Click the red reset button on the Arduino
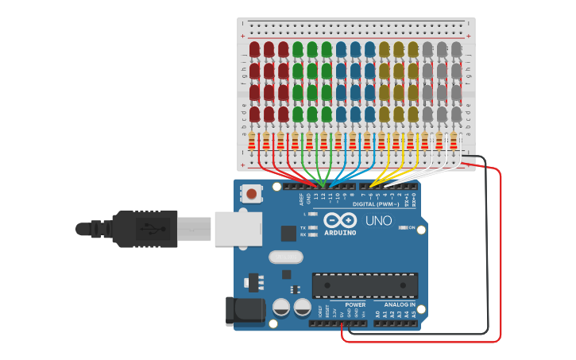(253, 193)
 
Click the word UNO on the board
(378, 220)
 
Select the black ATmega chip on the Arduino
(365, 285)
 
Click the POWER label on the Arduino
(355, 304)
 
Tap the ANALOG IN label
(400, 304)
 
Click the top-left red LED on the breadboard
(254, 50)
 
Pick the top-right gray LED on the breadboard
(456, 50)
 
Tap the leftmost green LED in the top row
(298, 50)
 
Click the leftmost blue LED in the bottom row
(341, 114)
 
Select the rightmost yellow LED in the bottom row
(413, 114)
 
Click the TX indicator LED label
(303, 228)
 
